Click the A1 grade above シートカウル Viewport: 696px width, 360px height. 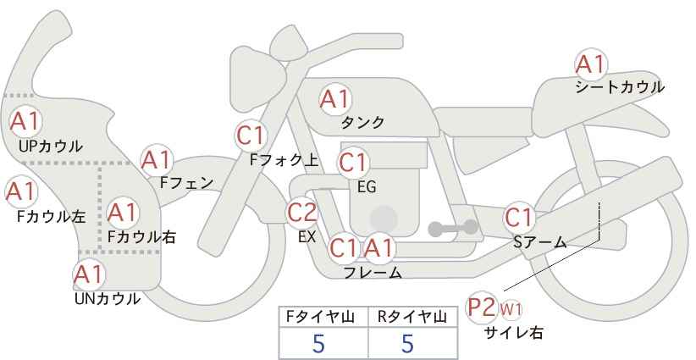click(x=591, y=65)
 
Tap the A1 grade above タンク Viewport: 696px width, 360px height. click(x=335, y=99)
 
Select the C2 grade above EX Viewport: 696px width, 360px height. click(x=302, y=212)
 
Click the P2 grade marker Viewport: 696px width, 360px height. click(x=482, y=307)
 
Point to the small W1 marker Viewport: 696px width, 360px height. click(x=511, y=309)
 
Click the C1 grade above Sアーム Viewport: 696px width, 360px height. click(x=519, y=218)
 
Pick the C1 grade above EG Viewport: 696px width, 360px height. click(x=353, y=163)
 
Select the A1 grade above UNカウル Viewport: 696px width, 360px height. click(x=89, y=274)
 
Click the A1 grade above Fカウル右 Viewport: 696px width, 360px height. click(x=123, y=213)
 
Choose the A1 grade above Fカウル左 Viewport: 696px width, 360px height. click(x=21, y=191)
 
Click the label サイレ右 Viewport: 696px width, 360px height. click(x=514, y=332)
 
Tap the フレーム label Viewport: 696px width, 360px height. click(x=373, y=273)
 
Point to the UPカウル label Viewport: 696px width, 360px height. click(x=50, y=146)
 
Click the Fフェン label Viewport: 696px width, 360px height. click(x=186, y=182)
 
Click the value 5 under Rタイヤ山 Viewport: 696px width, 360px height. click(x=407, y=343)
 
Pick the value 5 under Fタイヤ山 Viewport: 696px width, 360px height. click(x=318, y=343)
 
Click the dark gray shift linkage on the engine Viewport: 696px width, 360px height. click(x=453, y=228)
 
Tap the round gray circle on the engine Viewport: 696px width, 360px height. click(x=384, y=219)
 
